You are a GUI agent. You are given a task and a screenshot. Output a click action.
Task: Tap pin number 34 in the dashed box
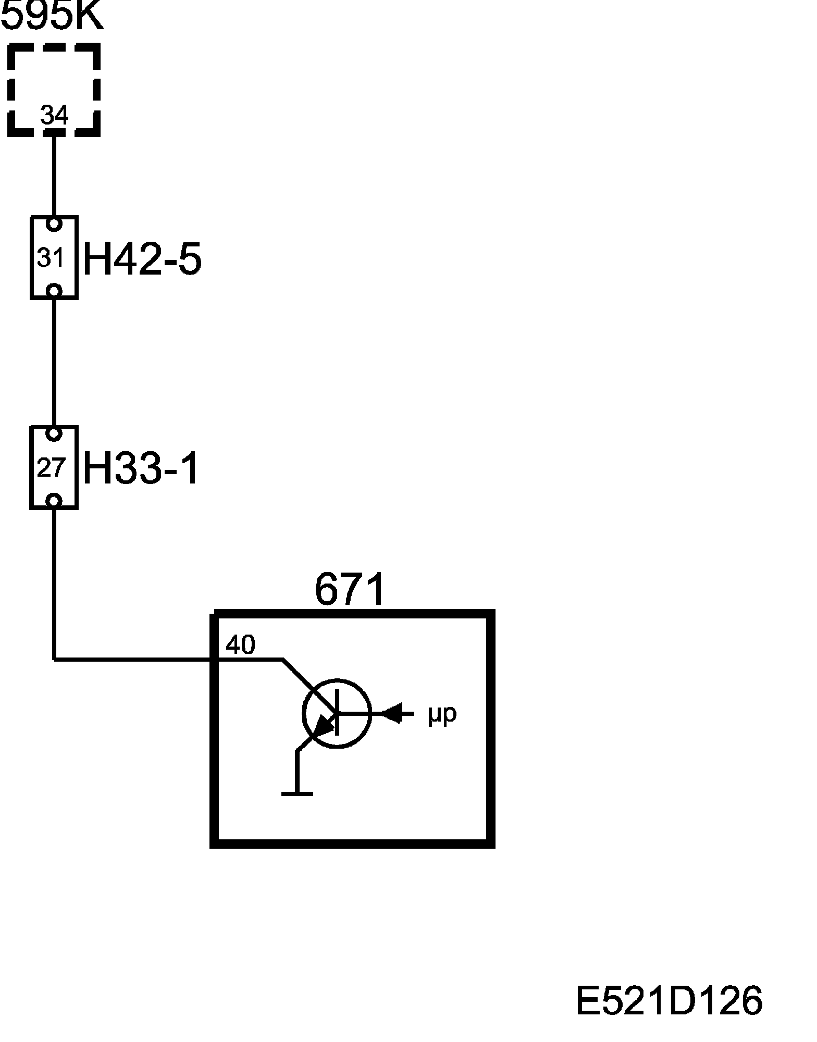54,115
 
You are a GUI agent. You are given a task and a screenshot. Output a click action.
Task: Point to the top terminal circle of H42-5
54,224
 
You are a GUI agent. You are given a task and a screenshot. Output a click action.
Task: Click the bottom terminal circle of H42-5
54,290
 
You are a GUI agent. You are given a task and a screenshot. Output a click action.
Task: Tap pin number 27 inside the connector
51,468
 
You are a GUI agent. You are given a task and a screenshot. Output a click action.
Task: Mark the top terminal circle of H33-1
54,433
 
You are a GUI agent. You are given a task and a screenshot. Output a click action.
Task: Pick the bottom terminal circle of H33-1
54,501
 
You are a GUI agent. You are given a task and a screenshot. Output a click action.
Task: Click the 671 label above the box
350,590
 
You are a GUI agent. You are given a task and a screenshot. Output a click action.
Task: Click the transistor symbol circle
337,714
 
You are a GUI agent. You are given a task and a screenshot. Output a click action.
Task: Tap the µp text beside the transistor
442,715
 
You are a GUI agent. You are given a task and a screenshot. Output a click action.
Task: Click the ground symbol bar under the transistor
297,794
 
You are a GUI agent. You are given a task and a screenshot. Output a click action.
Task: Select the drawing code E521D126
669,1000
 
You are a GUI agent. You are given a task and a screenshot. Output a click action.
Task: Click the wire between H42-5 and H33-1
54,362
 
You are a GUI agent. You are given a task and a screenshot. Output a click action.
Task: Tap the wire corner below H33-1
54,660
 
